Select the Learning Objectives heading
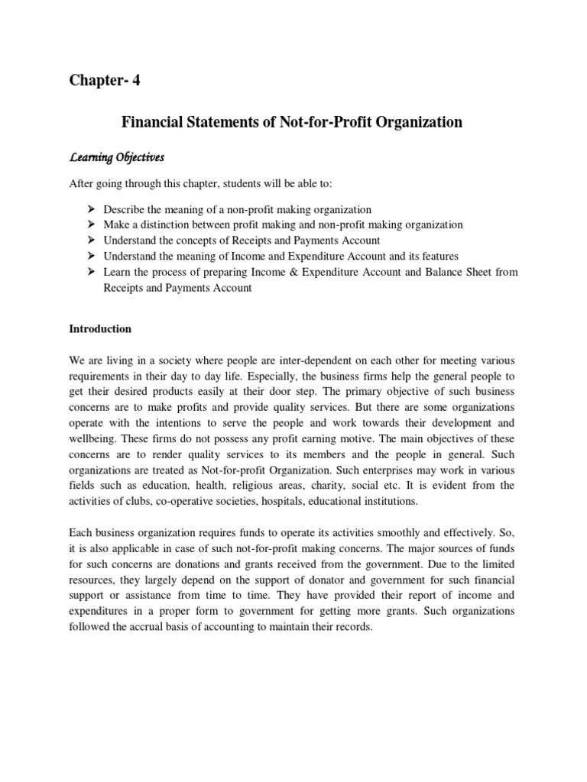[x=117, y=157]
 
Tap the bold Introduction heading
[x=100, y=329]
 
